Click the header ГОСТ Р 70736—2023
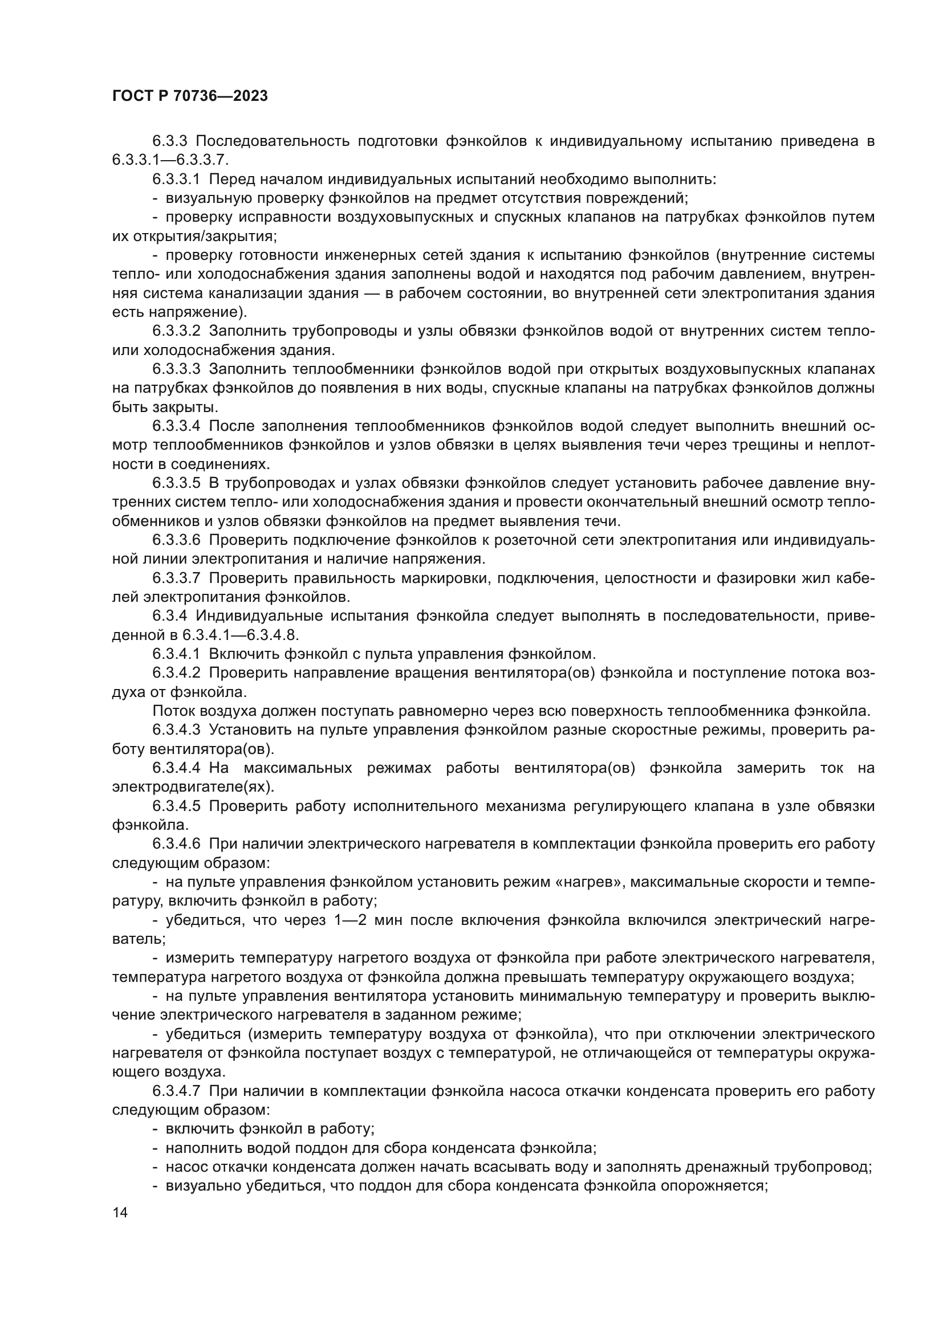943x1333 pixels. (x=190, y=96)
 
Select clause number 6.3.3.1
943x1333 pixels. (x=176, y=180)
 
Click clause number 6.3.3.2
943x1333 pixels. (x=176, y=332)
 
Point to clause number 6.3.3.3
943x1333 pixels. (x=176, y=369)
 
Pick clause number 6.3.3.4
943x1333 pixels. (x=176, y=426)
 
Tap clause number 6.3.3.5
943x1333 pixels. (x=176, y=483)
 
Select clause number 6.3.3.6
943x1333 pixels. (x=176, y=540)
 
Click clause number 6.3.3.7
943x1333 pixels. (x=176, y=578)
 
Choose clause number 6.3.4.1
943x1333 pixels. (x=176, y=654)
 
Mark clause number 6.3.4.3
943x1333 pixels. (x=176, y=730)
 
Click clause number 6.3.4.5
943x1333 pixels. (x=176, y=806)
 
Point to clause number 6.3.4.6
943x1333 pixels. (x=176, y=844)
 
